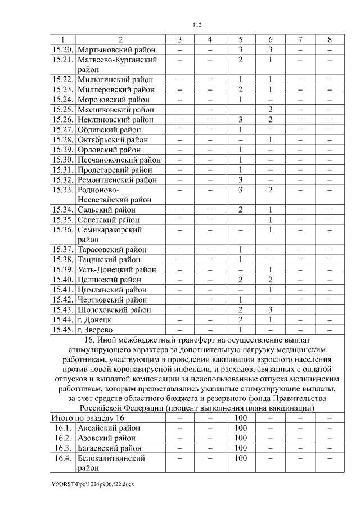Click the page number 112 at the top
[196, 25]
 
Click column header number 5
[240, 39]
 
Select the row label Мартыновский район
[115, 49]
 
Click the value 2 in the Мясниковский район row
[270, 110]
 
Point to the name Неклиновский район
[115, 120]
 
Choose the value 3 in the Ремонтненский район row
[240, 180]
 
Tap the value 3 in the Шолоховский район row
[270, 310]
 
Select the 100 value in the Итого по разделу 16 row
[240, 418]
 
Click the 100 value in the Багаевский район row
[240, 448]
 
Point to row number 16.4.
[63, 458]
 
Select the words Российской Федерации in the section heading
[121, 408]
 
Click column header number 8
[330, 39]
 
